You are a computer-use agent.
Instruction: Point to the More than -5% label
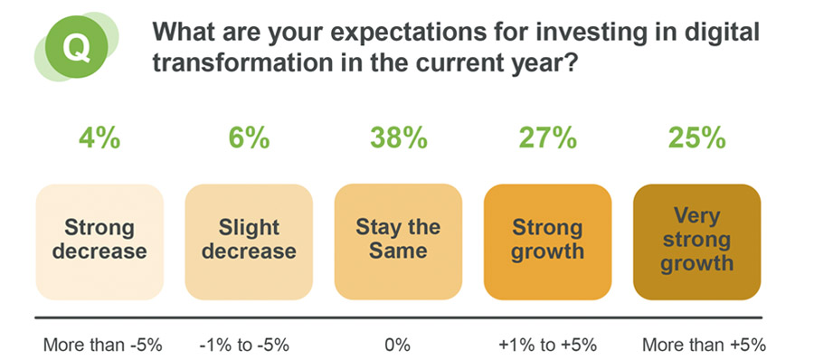pos(99,345)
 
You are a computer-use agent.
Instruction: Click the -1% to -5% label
pos(249,345)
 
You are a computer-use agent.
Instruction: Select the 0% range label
pos(398,345)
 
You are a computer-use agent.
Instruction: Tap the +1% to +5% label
pos(547,345)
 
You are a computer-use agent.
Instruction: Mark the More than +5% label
pos(696,345)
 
